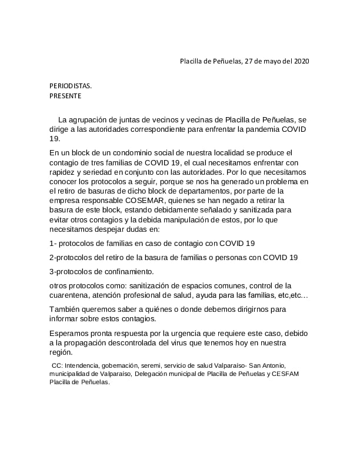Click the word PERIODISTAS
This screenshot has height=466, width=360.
71,86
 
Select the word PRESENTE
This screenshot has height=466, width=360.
65,96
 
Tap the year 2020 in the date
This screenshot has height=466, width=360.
301,61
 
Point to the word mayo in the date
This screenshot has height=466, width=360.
265,61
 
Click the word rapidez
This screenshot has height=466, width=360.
64,172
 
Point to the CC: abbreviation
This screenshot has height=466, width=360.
57,365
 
